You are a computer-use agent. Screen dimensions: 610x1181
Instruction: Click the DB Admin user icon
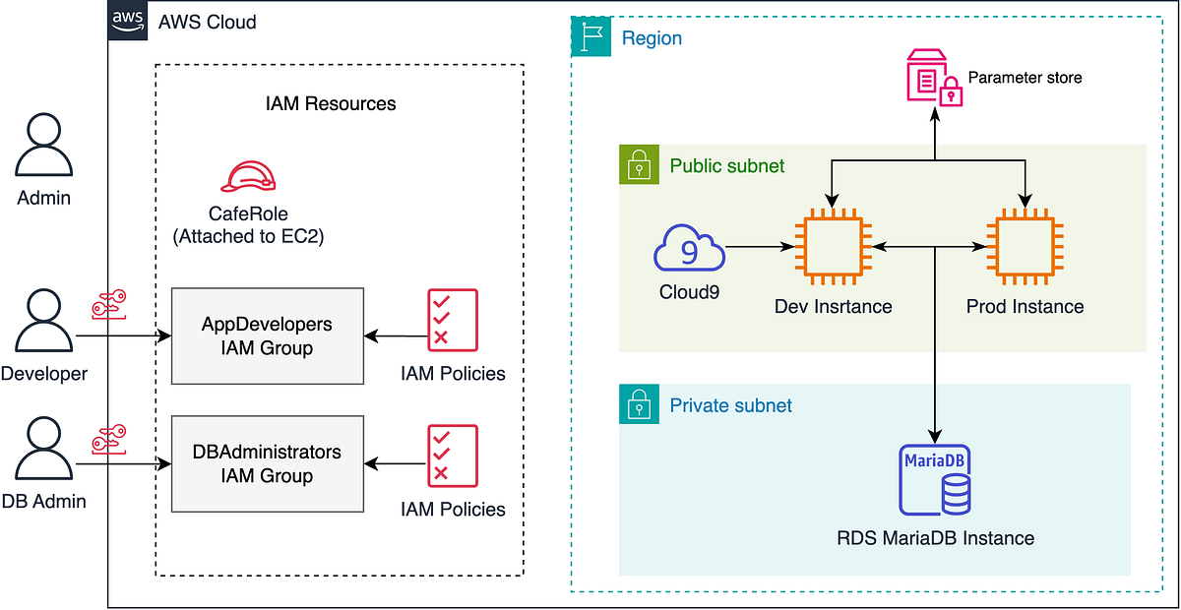[x=43, y=448]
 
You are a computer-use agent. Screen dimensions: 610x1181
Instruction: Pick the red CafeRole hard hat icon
[x=248, y=176]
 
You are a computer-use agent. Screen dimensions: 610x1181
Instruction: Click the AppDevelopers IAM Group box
[x=267, y=335]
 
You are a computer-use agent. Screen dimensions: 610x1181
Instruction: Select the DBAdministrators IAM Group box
[x=267, y=463]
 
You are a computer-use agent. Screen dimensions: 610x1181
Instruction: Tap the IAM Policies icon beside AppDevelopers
[x=453, y=319]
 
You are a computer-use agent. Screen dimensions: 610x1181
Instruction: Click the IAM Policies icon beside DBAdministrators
[x=453, y=455]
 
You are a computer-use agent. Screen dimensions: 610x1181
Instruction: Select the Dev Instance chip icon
[x=832, y=249]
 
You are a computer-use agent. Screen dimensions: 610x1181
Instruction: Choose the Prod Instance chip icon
[x=1026, y=249]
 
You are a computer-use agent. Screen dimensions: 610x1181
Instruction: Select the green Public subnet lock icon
[x=639, y=164]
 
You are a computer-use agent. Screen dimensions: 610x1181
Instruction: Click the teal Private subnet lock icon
[x=639, y=404]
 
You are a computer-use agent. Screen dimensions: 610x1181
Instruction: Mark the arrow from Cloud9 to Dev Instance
[x=759, y=249]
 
